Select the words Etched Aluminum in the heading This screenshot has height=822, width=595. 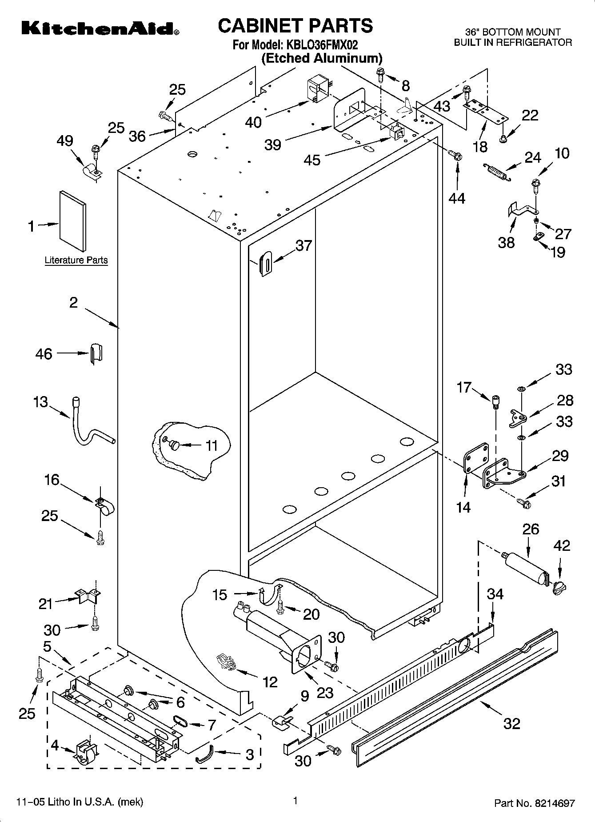click(x=322, y=58)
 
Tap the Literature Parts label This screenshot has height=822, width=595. click(x=76, y=260)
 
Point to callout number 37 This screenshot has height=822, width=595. click(x=304, y=245)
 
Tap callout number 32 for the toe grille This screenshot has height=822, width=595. click(x=511, y=723)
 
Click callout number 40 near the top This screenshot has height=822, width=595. click(x=254, y=122)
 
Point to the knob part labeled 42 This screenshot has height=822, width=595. click(x=559, y=588)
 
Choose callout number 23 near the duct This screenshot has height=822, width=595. click(x=325, y=693)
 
